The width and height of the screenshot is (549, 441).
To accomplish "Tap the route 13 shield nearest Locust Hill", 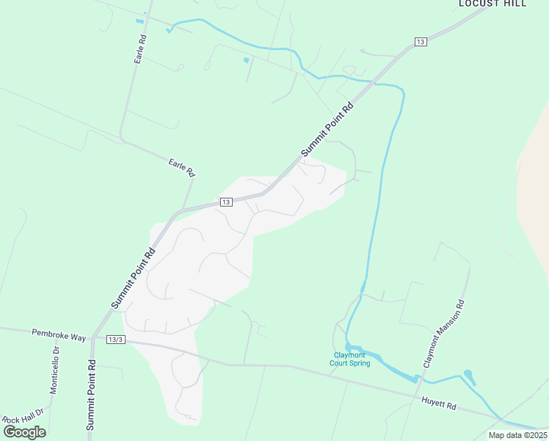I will [x=420, y=42].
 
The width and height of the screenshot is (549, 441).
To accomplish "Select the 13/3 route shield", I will [x=116, y=340].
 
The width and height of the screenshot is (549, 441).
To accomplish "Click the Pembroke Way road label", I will [x=59, y=334].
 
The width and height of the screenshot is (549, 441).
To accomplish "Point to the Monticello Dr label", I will [x=54, y=370].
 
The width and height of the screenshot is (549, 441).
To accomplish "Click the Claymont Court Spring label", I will [x=349, y=359].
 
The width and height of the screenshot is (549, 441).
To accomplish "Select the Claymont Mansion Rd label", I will [x=443, y=333].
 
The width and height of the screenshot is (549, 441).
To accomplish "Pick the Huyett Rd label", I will [x=439, y=405].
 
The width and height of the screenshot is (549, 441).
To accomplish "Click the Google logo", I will [x=24, y=431].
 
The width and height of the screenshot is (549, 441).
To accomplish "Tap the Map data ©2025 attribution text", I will [x=517, y=435].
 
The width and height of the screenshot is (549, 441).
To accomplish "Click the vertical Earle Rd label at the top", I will [x=139, y=49].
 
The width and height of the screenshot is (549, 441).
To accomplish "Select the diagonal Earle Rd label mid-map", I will [x=181, y=167].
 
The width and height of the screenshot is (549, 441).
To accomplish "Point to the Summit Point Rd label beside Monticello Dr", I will [x=91, y=395].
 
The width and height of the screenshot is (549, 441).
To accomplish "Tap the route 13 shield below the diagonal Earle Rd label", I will [x=226, y=202].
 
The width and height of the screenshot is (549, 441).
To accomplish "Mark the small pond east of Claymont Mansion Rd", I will [x=468, y=376].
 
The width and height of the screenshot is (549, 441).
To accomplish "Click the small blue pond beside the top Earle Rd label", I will [x=139, y=21].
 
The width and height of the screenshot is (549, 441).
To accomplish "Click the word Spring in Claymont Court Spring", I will [x=360, y=363].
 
